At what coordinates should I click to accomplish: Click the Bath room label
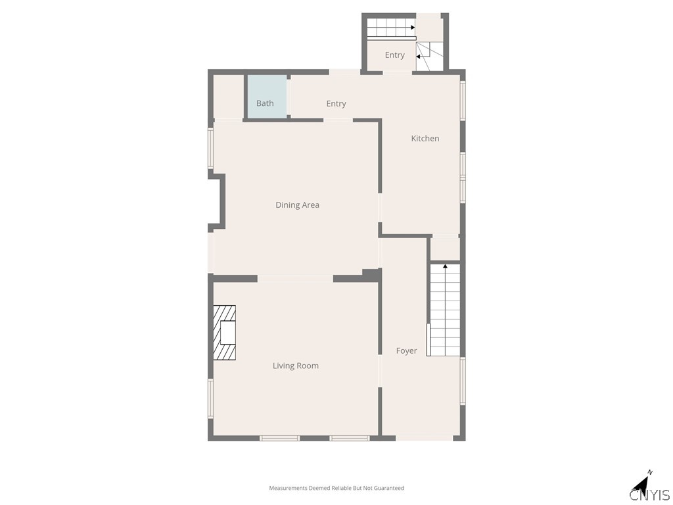click(x=265, y=103)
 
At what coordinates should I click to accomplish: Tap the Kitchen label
click(x=425, y=138)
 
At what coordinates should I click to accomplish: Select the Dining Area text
click(x=298, y=205)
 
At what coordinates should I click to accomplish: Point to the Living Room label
click(x=296, y=366)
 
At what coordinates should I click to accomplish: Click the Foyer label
click(x=406, y=351)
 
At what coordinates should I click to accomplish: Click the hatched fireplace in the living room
click(x=225, y=332)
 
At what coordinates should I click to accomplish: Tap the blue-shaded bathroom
click(x=266, y=97)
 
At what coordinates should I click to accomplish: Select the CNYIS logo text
click(x=649, y=494)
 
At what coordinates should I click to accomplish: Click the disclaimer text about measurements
click(x=336, y=488)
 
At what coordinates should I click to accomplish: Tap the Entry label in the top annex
click(x=395, y=55)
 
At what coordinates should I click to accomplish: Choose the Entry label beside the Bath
click(x=336, y=103)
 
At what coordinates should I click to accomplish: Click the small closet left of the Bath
click(x=228, y=97)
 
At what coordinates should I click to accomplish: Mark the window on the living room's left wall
click(x=210, y=398)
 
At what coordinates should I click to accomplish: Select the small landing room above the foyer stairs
click(x=445, y=248)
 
